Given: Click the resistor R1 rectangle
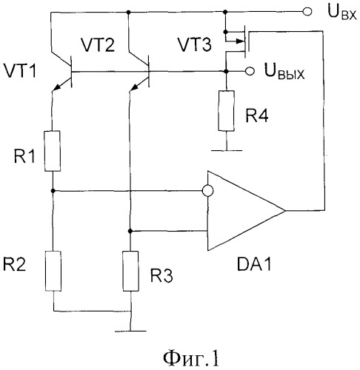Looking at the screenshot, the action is [53, 151].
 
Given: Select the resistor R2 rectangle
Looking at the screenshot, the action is [53, 271].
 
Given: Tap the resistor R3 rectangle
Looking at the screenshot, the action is [130, 271].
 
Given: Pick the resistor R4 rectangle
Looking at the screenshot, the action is [226, 111].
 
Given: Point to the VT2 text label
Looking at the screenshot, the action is [98, 45].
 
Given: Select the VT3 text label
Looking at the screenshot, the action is [195, 44].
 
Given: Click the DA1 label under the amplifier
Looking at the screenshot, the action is [254, 264].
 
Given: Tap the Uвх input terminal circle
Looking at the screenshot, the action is [307, 12].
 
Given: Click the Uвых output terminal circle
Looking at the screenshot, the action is [250, 71].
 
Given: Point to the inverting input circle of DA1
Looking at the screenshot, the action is [207, 191].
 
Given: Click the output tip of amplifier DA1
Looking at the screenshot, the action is [285, 211].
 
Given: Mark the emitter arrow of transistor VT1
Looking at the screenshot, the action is [58, 87].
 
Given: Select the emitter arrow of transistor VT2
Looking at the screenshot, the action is [135, 87].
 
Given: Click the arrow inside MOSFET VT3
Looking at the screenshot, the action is [239, 41].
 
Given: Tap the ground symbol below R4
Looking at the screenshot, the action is [227, 150].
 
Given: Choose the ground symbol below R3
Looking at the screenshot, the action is [130, 332].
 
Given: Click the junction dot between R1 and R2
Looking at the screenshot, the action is [53, 191].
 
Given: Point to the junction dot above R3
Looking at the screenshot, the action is [130, 231].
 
